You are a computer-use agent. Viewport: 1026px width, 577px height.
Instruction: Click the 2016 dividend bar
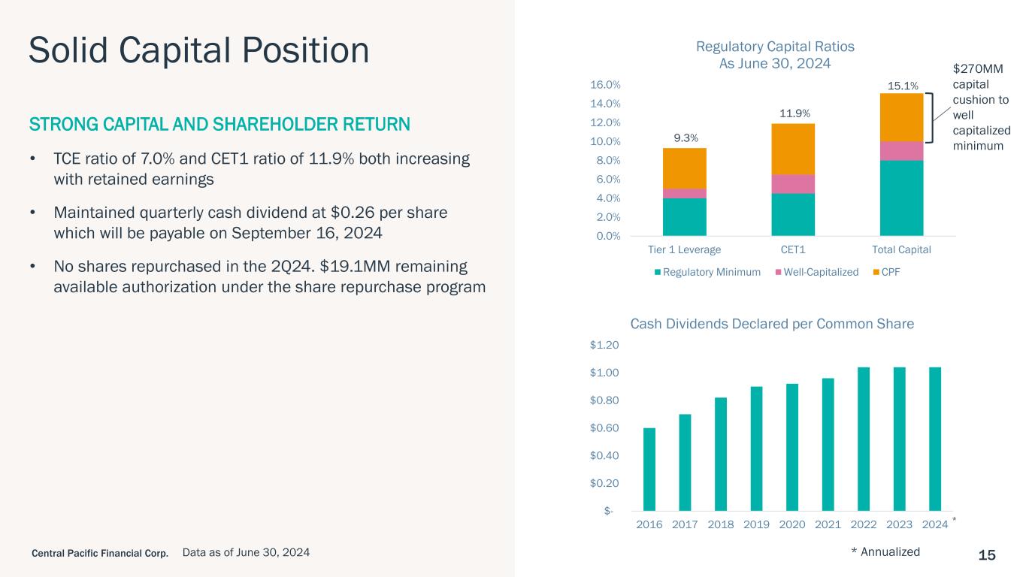pyautogui.click(x=649, y=469)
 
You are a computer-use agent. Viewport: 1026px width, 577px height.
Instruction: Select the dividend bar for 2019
pyautogui.click(x=756, y=449)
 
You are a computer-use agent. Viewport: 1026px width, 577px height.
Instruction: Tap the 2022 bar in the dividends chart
pyautogui.click(x=864, y=439)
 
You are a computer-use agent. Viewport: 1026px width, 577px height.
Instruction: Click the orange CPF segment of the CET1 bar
pyautogui.click(x=793, y=149)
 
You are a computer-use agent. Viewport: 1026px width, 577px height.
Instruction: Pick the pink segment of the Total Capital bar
pyautogui.click(x=901, y=151)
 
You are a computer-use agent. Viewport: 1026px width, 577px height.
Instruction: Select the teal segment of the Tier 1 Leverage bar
pyautogui.click(x=684, y=217)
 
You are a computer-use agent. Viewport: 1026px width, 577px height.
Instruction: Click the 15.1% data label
pyautogui.click(x=901, y=86)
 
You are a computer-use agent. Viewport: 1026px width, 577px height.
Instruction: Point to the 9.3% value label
pyautogui.click(x=685, y=138)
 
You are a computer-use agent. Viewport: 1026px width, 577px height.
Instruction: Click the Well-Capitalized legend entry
pyautogui.click(x=821, y=272)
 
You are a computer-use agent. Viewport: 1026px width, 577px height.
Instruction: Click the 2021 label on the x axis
pyautogui.click(x=828, y=524)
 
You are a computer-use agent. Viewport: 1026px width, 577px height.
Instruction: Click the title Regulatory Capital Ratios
pyautogui.click(x=775, y=47)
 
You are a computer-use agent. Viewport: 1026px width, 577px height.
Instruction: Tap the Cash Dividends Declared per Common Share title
pyautogui.click(x=772, y=324)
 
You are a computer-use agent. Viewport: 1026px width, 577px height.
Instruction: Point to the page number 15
pyautogui.click(x=987, y=555)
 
